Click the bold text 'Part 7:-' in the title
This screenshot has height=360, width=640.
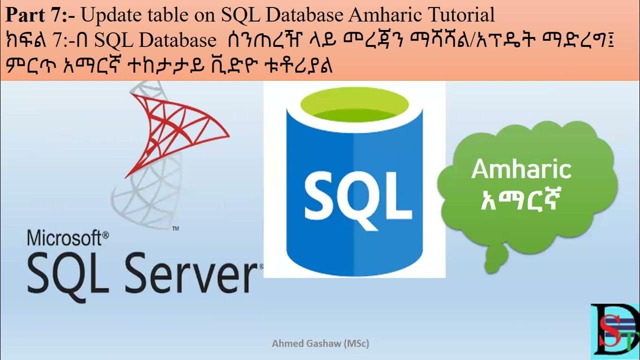[x=40, y=15]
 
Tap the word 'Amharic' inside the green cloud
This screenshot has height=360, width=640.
[x=521, y=170]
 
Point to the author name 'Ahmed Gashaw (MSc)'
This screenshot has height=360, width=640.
[x=320, y=344]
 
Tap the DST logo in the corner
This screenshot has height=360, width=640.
[x=614, y=331]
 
